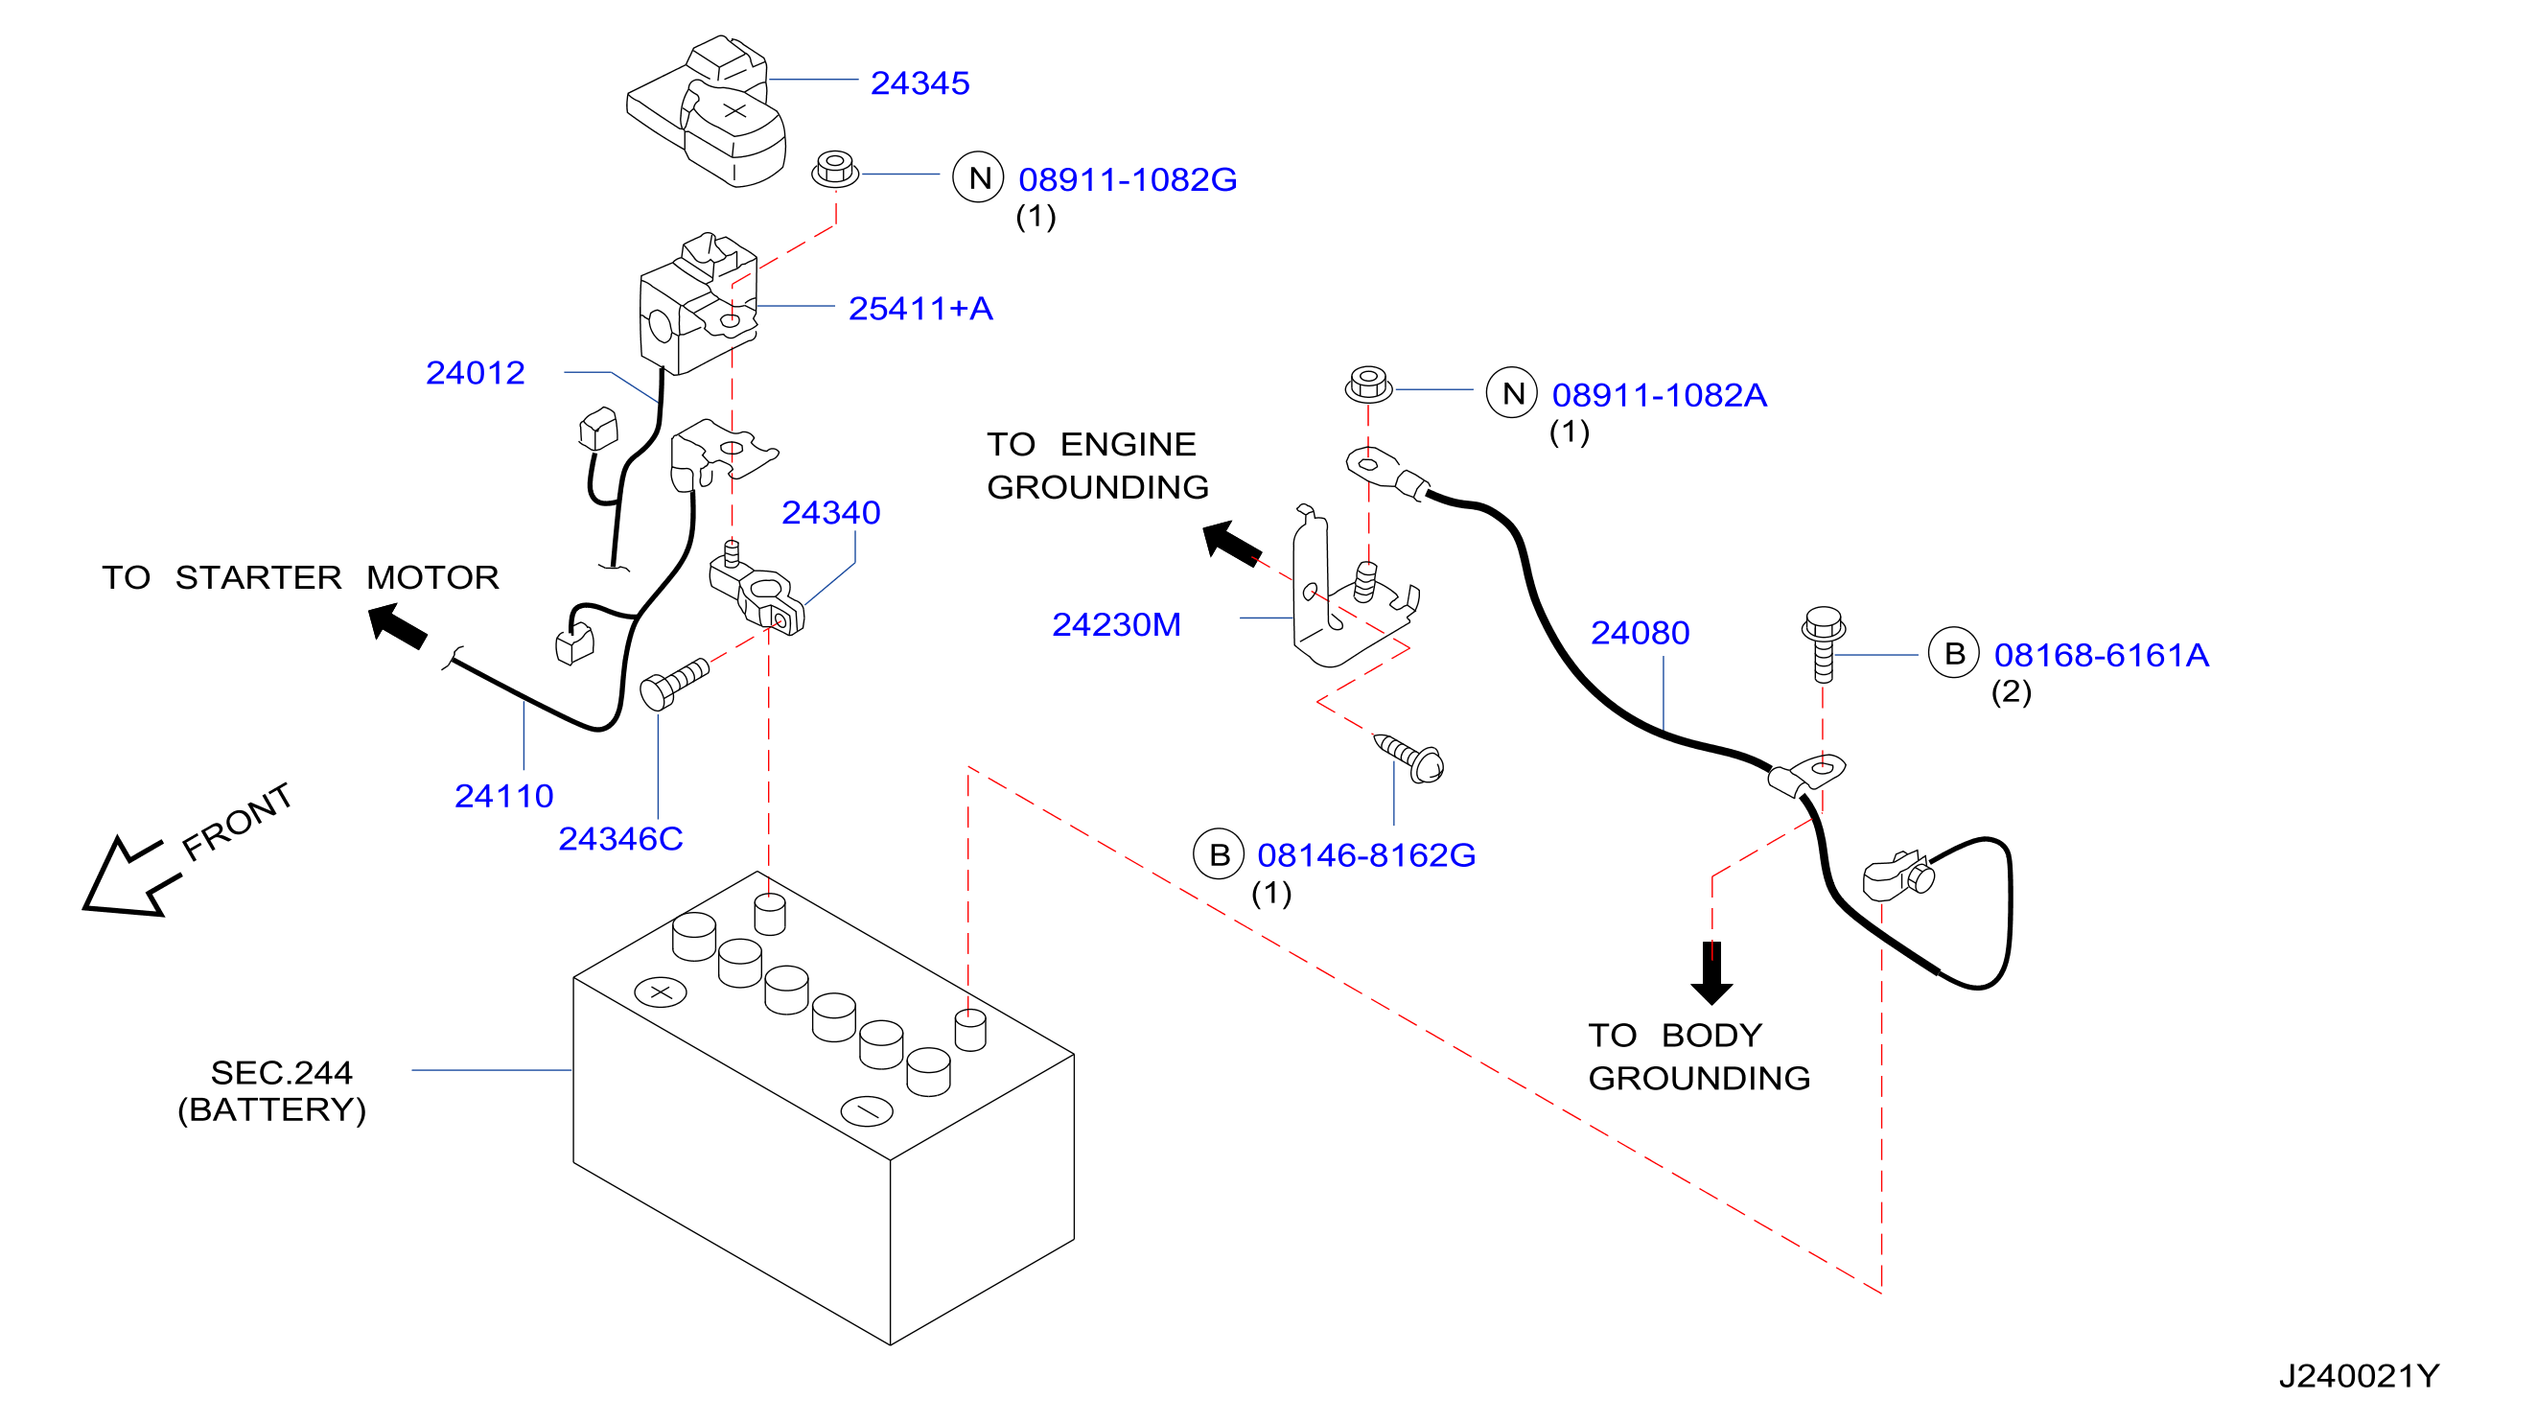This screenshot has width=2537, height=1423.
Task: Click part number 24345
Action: pyautogui.click(x=919, y=82)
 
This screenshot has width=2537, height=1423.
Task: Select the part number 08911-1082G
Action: pyautogui.click(x=1128, y=179)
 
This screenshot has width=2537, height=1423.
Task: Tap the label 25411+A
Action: pyautogui.click(x=920, y=308)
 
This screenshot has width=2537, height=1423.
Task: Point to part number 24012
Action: pyautogui.click(x=476, y=372)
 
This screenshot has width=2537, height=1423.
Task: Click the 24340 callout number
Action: pyautogui.click(x=831, y=512)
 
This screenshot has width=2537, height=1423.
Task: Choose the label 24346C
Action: pyautogui.click(x=620, y=838)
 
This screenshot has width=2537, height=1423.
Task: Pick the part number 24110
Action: pyautogui.click(x=504, y=795)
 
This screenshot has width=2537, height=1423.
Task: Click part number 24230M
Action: pyautogui.click(x=1117, y=624)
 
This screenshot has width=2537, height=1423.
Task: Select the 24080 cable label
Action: pyautogui.click(x=1641, y=632)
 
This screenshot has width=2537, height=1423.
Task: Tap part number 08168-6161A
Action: pyautogui.click(x=2102, y=655)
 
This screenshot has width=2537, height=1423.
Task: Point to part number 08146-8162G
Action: pyautogui.click(x=1367, y=854)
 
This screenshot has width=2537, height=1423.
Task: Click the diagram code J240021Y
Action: pyautogui.click(x=2360, y=1376)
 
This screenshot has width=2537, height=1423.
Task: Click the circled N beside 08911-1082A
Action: pyautogui.click(x=1513, y=393)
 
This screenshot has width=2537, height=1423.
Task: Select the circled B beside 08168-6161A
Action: pyautogui.click(x=1955, y=652)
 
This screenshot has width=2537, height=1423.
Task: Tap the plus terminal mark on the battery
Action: pyautogui.click(x=661, y=991)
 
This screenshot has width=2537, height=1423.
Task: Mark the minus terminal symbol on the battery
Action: pyautogui.click(x=868, y=1110)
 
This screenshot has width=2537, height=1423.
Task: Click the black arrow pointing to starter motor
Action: pyautogui.click(x=398, y=626)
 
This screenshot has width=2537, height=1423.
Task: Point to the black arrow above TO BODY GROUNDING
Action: pyautogui.click(x=1712, y=973)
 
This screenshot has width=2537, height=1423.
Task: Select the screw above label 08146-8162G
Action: pyautogui.click(x=1409, y=758)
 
